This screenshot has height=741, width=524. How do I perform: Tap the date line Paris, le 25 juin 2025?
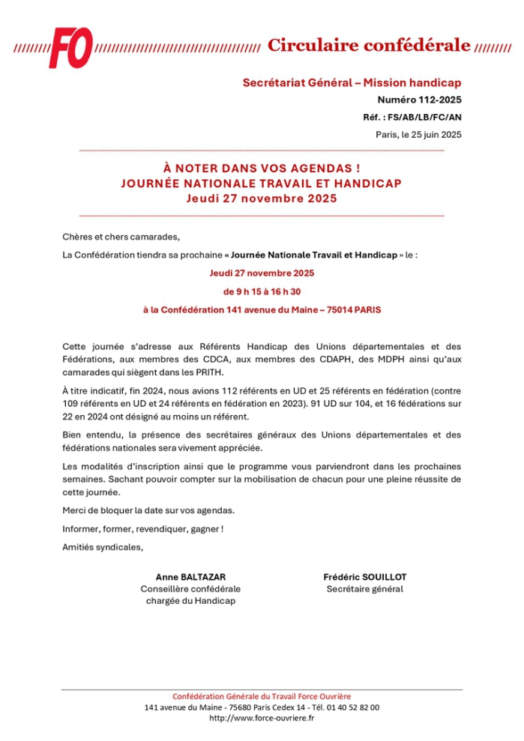click(x=418, y=135)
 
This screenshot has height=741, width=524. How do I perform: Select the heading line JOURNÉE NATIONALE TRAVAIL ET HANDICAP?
click(x=262, y=184)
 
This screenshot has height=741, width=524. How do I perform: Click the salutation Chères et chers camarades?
click(x=121, y=238)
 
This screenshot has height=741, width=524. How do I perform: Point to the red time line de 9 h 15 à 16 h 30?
click(x=262, y=291)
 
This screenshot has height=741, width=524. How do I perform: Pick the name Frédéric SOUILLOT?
click(x=365, y=577)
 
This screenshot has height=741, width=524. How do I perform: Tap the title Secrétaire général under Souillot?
click(x=365, y=589)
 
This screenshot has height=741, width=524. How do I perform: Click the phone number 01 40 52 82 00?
click(x=352, y=707)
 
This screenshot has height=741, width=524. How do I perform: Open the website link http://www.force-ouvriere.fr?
click(x=262, y=718)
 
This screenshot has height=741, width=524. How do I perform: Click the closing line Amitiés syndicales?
click(x=103, y=547)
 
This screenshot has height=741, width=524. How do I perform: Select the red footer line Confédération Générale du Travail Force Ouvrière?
click(x=262, y=695)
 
